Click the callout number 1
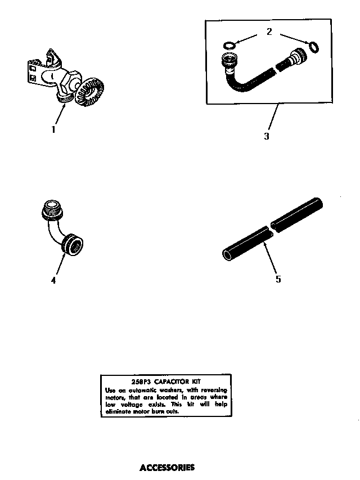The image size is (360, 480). click(x=53, y=129)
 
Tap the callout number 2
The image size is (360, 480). click(x=269, y=32)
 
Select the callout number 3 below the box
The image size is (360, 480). click(x=266, y=136)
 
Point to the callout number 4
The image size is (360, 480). click(x=53, y=280)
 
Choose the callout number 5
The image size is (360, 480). click(x=278, y=279)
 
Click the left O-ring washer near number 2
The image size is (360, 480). click(x=228, y=45)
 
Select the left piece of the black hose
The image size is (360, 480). click(x=243, y=242)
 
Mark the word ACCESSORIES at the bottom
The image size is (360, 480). click(x=166, y=467)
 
